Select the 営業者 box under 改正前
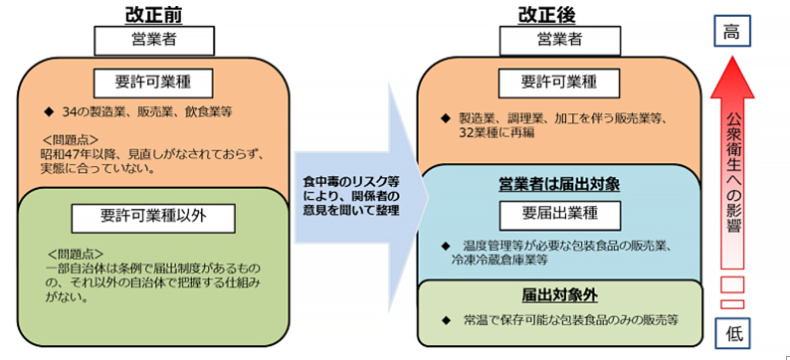pos(154,40)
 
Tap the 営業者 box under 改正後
pos(559,40)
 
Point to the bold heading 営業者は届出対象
pos(559,185)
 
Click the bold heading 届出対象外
pos(558,295)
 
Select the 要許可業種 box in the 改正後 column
pos(559,83)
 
